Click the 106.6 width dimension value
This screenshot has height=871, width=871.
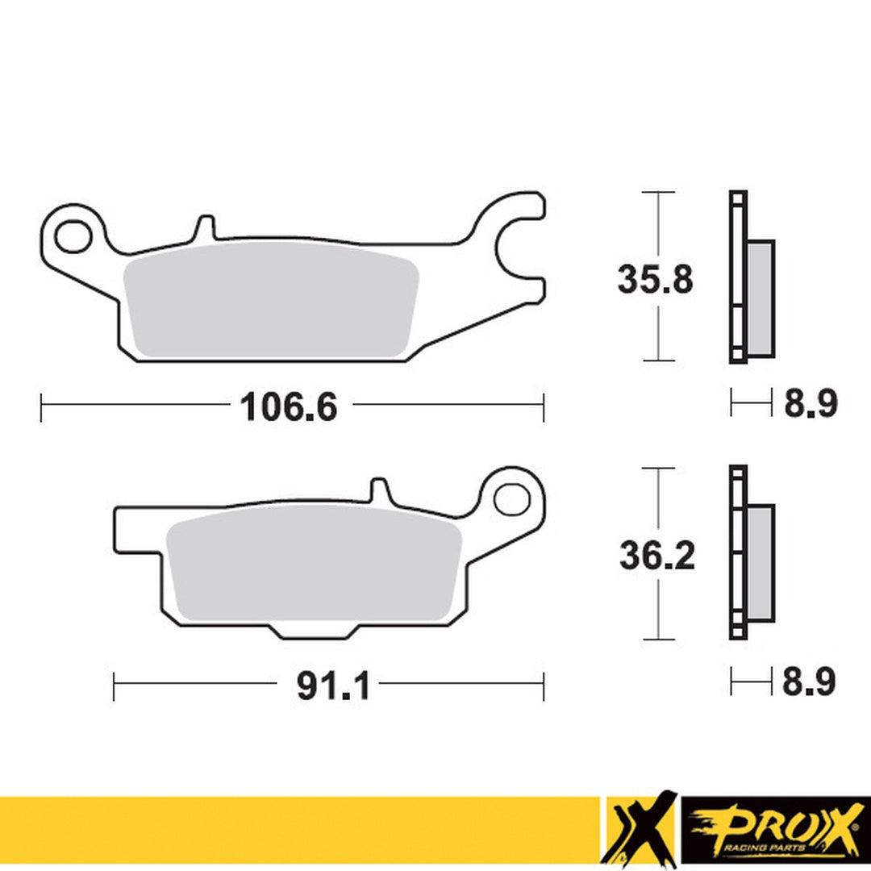288,407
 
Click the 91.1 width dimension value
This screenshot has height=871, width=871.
333,687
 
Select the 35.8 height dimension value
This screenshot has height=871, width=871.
655,279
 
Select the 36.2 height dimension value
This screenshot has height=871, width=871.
656,556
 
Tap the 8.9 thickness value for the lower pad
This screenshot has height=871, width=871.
809,682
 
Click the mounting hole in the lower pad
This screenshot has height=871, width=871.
511,499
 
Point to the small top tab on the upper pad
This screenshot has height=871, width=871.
206,227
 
